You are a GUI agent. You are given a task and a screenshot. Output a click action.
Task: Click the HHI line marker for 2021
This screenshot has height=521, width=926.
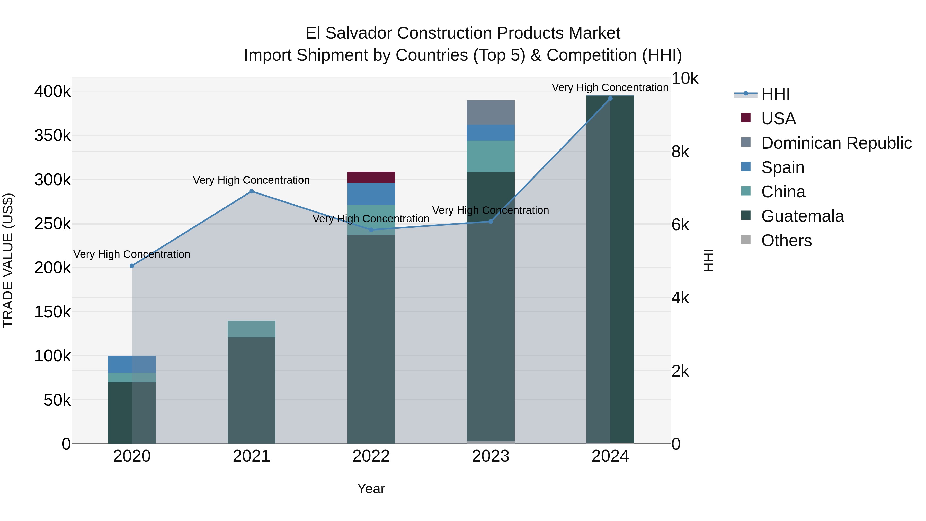click(251, 191)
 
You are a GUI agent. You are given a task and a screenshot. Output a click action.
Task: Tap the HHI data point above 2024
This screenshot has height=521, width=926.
click(610, 99)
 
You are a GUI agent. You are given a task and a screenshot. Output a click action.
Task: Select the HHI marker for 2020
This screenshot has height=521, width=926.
click(132, 266)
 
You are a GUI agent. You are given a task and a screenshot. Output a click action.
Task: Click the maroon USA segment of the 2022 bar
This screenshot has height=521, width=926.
click(371, 177)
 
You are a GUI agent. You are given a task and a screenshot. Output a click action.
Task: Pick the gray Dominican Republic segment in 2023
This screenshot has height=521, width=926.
click(490, 112)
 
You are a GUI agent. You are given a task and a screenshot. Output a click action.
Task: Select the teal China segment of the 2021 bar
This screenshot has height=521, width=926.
click(251, 329)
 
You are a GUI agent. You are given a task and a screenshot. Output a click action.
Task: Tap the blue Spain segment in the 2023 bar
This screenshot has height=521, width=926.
click(490, 132)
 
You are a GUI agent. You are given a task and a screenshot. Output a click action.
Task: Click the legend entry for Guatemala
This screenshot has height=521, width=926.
click(802, 216)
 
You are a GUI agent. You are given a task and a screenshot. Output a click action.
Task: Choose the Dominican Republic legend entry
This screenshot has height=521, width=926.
click(836, 143)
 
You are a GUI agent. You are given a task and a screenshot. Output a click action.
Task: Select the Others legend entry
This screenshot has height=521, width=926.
click(786, 241)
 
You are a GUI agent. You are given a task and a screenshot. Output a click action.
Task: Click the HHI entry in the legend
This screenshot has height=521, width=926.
click(775, 94)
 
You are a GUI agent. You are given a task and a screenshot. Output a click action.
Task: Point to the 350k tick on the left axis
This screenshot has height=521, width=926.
click(52, 136)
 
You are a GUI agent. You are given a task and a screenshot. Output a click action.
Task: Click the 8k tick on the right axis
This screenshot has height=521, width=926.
click(680, 152)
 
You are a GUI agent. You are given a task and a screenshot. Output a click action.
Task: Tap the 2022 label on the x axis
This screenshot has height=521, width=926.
click(371, 456)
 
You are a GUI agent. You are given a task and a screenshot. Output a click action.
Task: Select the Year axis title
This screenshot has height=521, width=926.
click(371, 489)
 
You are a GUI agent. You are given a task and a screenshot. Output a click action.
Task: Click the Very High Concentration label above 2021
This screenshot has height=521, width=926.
click(251, 180)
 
